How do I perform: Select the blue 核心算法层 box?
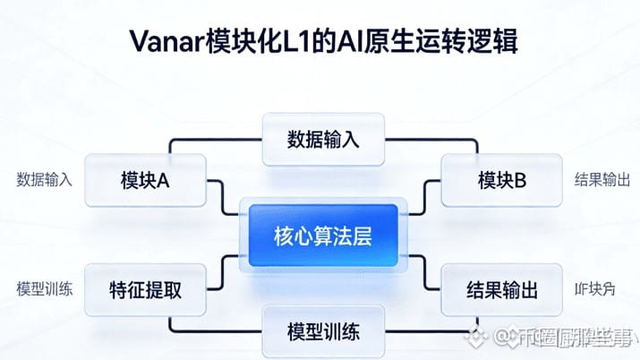tap(322, 236)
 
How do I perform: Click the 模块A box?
tap(144, 181)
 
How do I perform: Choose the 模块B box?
tap(501, 181)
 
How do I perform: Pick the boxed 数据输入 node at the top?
tap(322, 139)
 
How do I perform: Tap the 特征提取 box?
tap(144, 290)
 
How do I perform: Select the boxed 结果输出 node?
tap(501, 290)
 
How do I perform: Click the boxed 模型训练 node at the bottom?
tap(322, 332)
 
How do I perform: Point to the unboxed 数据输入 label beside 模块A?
tap(44, 180)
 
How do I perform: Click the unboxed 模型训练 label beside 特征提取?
tap(44, 289)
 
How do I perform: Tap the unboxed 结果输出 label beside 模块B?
tap(602, 180)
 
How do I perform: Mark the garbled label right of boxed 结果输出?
tap(594, 289)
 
